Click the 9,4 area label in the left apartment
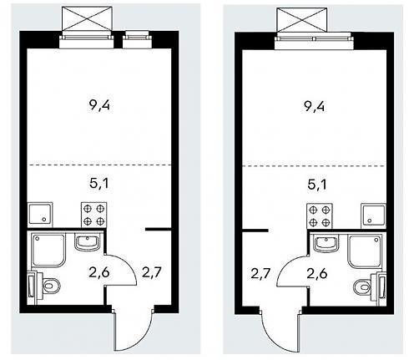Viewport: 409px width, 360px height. pyautogui.click(x=99, y=106)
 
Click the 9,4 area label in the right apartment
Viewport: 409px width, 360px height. pyautogui.click(x=314, y=107)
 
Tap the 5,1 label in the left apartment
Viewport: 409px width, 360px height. pyautogui.click(x=99, y=183)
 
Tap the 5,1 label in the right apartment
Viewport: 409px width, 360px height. pyautogui.click(x=317, y=185)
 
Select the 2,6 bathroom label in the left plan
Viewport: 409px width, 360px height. pyautogui.click(x=99, y=272)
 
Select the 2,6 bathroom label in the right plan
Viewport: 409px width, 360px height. pyautogui.click(x=317, y=274)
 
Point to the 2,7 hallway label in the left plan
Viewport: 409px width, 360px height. pyautogui.click(x=152, y=272)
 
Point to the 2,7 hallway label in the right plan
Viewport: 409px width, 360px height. pyautogui.click(x=260, y=274)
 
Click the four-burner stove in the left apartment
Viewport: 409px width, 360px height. pyautogui.click(x=93, y=215)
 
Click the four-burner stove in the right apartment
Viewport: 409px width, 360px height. pyautogui.click(x=320, y=216)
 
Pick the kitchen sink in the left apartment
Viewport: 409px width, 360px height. pyautogui.click(x=40, y=214)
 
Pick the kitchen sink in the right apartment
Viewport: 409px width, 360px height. pyautogui.click(x=373, y=215)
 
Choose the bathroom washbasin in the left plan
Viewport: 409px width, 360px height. pyautogui.click(x=87, y=242)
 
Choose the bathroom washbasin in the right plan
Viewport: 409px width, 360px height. pyautogui.click(x=326, y=243)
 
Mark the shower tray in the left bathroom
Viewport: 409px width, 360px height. pyautogui.click(x=48, y=251)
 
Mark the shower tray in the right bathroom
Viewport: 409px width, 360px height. pyautogui.click(x=366, y=251)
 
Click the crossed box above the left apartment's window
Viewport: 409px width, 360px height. pyautogui.click(x=87, y=18)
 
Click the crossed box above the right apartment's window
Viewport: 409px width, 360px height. pyautogui.click(x=302, y=19)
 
